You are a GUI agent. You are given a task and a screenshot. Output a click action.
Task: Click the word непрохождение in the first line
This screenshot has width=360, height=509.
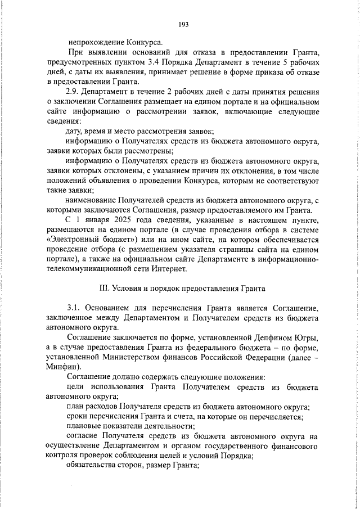pyautogui.click(x=96, y=41)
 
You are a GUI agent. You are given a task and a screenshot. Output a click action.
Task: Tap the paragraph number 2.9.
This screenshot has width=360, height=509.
pyautogui.click(x=73, y=91)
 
